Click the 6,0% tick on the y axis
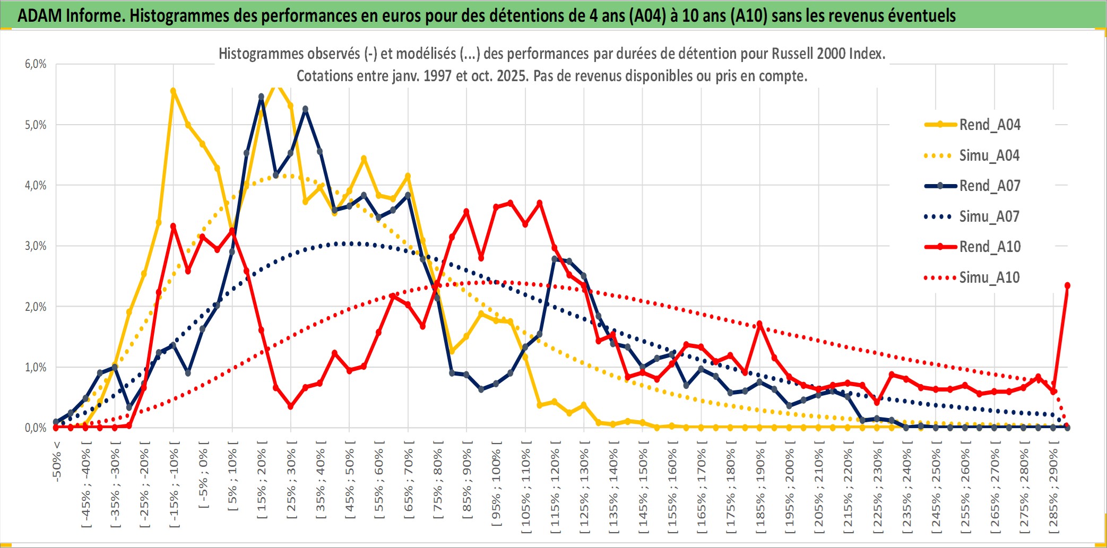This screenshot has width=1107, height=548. [x=36, y=64]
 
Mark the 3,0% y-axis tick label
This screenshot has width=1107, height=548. [x=36, y=246]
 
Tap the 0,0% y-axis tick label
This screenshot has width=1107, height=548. [x=36, y=428]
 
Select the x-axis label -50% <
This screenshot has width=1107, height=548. [x=57, y=462]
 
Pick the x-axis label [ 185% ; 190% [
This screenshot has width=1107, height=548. [x=760, y=488]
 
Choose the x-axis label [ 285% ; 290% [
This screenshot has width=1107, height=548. [x=1053, y=488]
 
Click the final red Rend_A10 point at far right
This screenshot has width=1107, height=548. [x=1067, y=286]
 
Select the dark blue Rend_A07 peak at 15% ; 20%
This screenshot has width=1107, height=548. [x=261, y=97]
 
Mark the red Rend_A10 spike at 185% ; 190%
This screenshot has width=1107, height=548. [x=759, y=324]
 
